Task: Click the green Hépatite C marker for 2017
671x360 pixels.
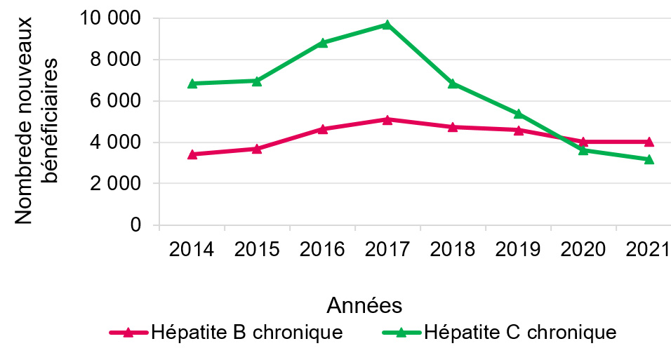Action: [x=387, y=25]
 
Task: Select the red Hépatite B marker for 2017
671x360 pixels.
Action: [x=387, y=119]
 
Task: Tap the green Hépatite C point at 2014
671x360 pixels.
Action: [x=192, y=84]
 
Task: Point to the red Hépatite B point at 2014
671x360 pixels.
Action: [x=192, y=154]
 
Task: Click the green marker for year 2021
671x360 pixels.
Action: [x=649, y=159]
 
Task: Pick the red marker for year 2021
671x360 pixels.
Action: [x=649, y=142]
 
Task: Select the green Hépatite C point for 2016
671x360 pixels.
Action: [x=322, y=43]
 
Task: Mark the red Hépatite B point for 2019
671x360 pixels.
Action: [x=518, y=130]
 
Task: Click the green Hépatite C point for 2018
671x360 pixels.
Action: [x=453, y=84]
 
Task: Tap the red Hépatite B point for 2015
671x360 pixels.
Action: [x=257, y=149]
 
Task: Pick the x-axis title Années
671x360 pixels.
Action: [x=364, y=305]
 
